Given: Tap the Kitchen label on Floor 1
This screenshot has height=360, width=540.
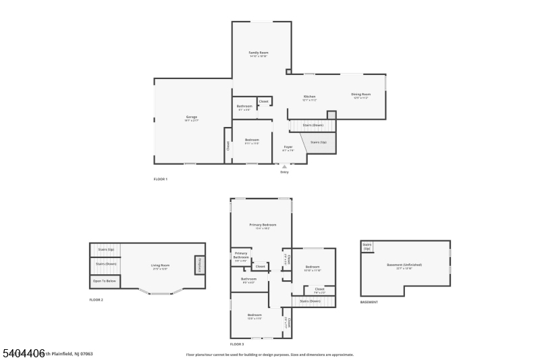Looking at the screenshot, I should tap(309, 97).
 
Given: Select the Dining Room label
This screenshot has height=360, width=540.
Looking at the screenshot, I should tap(360, 95).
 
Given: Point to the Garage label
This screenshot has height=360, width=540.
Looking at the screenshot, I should tap(192, 117).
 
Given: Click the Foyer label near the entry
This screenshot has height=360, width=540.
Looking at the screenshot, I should tap(288, 147).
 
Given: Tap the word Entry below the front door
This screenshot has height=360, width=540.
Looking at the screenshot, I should tap(284, 172).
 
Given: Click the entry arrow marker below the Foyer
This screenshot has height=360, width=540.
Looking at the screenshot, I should tap(284, 166).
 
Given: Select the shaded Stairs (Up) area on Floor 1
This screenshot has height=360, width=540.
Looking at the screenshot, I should tap(318, 143).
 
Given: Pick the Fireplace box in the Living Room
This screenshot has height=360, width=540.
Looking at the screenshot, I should tap(200, 265).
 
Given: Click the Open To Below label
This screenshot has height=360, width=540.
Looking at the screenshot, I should tap(105, 281).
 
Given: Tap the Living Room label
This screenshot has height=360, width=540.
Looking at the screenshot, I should tap(160, 265).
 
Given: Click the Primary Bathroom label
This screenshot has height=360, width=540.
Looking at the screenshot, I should tap(241, 256).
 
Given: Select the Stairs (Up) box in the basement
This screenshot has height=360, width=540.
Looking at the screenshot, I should tap(367, 247).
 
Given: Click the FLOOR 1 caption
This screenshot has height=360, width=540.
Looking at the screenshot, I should tap(160, 179).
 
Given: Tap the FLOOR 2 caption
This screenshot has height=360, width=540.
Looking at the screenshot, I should tap(97, 299).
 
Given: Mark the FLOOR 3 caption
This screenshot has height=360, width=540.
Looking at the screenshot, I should tap(237, 344).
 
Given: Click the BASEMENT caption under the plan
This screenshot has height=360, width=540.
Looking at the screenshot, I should tap(369, 302).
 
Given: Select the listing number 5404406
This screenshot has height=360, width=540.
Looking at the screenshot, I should tap(24, 353).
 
